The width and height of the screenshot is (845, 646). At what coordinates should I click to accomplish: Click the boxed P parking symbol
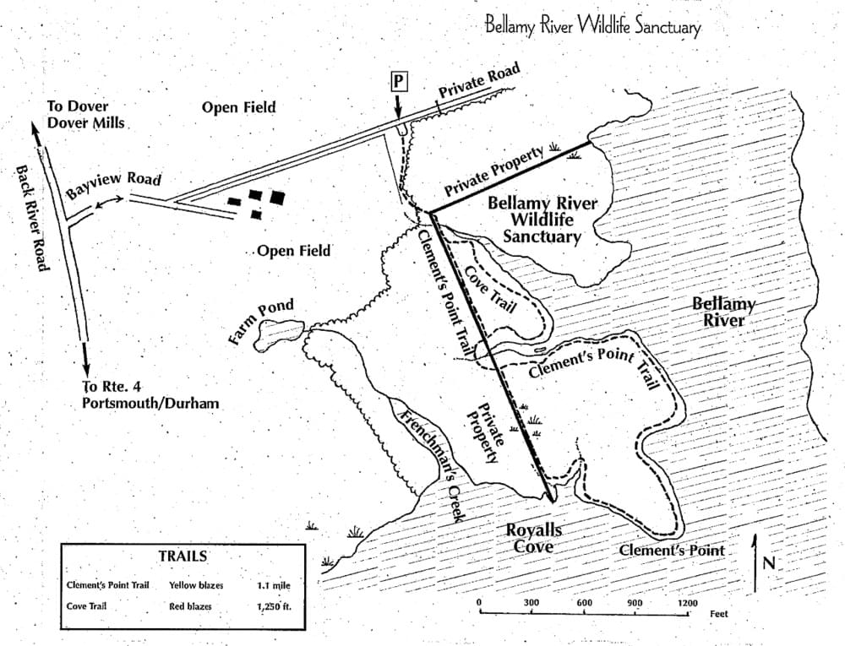point(399,82)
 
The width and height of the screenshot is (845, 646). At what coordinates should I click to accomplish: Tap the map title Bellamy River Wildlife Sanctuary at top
point(593,26)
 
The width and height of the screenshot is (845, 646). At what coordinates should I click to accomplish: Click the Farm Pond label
point(261,322)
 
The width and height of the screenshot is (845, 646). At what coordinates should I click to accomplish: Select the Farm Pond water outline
point(279,334)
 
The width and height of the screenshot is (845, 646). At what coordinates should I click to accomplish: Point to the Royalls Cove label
point(533,539)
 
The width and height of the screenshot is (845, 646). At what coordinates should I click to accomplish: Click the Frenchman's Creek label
point(431,463)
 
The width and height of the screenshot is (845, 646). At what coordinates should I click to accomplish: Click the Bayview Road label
point(114,185)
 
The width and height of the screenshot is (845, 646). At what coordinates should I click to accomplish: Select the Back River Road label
point(33,218)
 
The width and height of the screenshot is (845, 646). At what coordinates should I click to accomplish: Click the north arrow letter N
point(769,563)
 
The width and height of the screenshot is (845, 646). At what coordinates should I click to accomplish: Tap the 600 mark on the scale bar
point(584,602)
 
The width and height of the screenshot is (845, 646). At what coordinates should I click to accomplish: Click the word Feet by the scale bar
point(719,614)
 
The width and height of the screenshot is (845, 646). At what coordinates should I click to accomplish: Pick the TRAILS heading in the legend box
point(183,556)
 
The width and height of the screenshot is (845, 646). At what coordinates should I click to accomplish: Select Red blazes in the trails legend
point(190,606)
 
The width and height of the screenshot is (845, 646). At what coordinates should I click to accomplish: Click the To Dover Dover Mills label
point(86,114)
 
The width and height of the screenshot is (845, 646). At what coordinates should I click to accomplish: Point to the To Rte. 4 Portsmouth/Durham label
point(150,394)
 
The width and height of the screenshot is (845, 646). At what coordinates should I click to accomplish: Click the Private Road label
point(479,80)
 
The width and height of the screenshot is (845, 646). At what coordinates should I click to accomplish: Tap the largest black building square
point(277,198)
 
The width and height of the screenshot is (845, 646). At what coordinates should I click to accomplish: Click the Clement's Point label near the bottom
point(672,551)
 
